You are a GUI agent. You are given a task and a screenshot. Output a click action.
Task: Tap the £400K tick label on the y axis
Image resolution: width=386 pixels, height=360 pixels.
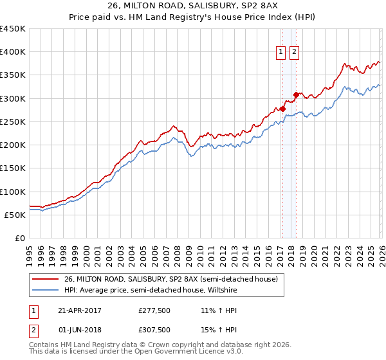click(13, 52)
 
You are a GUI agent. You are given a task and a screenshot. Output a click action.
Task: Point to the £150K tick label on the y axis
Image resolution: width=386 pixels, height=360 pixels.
click(13, 168)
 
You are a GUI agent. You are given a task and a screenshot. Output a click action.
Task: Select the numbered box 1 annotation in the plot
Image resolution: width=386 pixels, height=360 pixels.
click(282, 53)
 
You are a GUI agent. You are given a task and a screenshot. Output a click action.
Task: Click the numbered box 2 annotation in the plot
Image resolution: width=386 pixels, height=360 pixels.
click(294, 53)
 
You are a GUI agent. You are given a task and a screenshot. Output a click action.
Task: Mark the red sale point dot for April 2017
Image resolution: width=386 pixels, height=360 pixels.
click(282, 109)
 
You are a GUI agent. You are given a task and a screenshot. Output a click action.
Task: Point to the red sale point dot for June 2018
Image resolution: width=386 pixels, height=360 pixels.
click(296, 95)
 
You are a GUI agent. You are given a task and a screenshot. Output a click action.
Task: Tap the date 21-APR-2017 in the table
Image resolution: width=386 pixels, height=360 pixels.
click(79, 310)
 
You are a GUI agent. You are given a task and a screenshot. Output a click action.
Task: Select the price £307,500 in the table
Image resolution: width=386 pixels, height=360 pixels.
click(154, 330)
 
